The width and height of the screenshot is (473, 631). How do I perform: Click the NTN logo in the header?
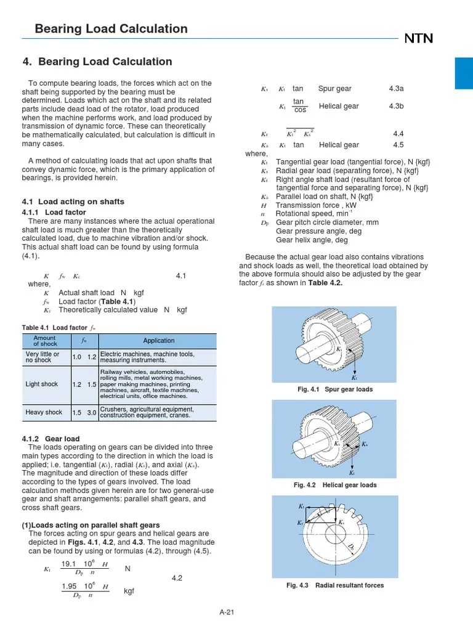418,39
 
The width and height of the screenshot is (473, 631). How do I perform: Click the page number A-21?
228,612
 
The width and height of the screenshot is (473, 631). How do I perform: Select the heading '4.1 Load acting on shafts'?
73,202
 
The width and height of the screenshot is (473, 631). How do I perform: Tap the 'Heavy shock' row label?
44,412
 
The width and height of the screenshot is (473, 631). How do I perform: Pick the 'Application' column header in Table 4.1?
158,341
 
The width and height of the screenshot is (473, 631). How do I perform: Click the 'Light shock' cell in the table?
42,384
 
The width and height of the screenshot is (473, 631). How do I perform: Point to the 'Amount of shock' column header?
45,341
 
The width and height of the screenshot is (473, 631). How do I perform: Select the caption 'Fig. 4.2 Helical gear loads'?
335,485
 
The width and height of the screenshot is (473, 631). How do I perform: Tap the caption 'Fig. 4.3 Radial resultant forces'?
334,585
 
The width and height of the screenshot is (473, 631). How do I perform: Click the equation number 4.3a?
396,89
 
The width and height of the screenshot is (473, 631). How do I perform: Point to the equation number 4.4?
398,134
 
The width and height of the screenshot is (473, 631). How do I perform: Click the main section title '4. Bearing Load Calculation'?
97,62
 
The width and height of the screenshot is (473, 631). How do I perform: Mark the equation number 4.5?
398,145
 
